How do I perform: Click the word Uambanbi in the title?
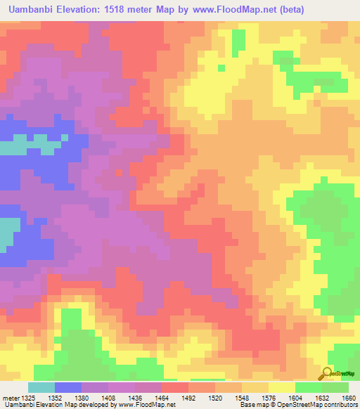[x=32, y=10]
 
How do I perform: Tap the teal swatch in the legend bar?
[x=41, y=387]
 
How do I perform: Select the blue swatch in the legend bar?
[x=68, y=387]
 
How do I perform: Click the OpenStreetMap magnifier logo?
[x=326, y=373]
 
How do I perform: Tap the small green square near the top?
[x=221, y=68]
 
